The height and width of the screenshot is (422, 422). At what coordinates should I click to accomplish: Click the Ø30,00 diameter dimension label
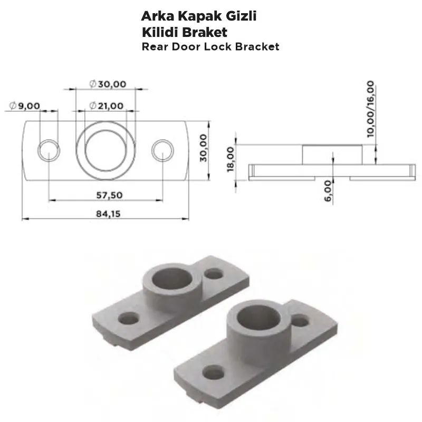click(108, 84)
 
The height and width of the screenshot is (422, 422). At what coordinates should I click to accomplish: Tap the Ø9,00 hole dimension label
click(25, 105)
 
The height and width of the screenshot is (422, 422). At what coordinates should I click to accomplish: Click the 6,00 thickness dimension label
click(328, 190)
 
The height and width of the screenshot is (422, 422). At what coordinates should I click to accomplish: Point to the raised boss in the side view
click(332, 154)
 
